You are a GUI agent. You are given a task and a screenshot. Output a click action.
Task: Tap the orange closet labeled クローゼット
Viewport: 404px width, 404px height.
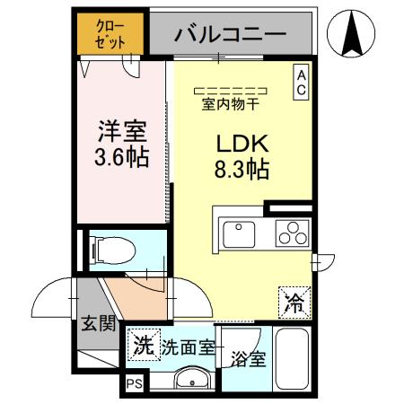[x=113, y=32]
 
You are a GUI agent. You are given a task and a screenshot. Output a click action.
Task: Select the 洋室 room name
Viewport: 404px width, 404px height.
[x=122, y=132]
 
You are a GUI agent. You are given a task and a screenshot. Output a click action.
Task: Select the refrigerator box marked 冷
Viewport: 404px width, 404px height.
[x=293, y=302]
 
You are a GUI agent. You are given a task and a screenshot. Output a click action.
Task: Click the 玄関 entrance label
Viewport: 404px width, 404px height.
[x=99, y=322]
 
